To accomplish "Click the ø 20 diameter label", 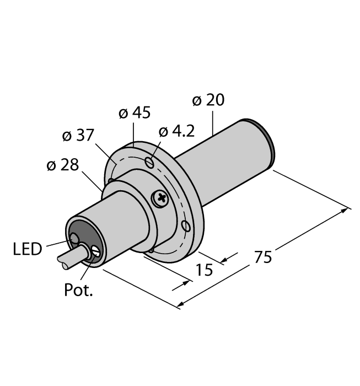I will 208,100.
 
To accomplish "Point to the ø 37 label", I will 79,136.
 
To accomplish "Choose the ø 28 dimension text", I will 62,165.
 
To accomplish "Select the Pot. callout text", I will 78,290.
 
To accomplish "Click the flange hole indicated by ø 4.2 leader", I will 149,162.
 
